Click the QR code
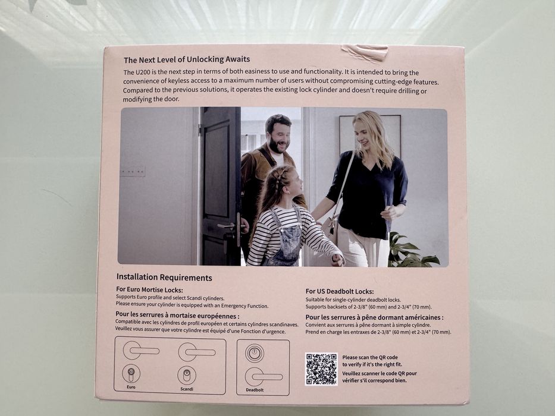pyautogui.click(x=321, y=369)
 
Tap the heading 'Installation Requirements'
pyautogui.click(x=164, y=278)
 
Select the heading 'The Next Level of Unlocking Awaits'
pyautogui.click(x=187, y=59)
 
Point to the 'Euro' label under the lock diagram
pyautogui.click(x=131, y=387)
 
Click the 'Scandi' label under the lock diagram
pyautogui.click(x=187, y=389)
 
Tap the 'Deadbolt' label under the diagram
pyautogui.click(x=255, y=390)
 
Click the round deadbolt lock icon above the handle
pyautogui.click(x=255, y=353)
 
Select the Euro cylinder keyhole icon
pyautogui.click(x=131, y=374)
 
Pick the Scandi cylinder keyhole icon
pyautogui.click(x=187, y=375)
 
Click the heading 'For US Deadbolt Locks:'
pyautogui.click(x=340, y=291)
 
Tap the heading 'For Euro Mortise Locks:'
pyautogui.click(x=149, y=290)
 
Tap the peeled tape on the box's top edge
pyautogui.click(x=365, y=52)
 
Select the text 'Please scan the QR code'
pyautogui.click(x=370, y=357)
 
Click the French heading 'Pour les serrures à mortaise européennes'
pyautogui.click(x=177, y=316)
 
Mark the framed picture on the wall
pyautogui.click(x=370, y=136)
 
